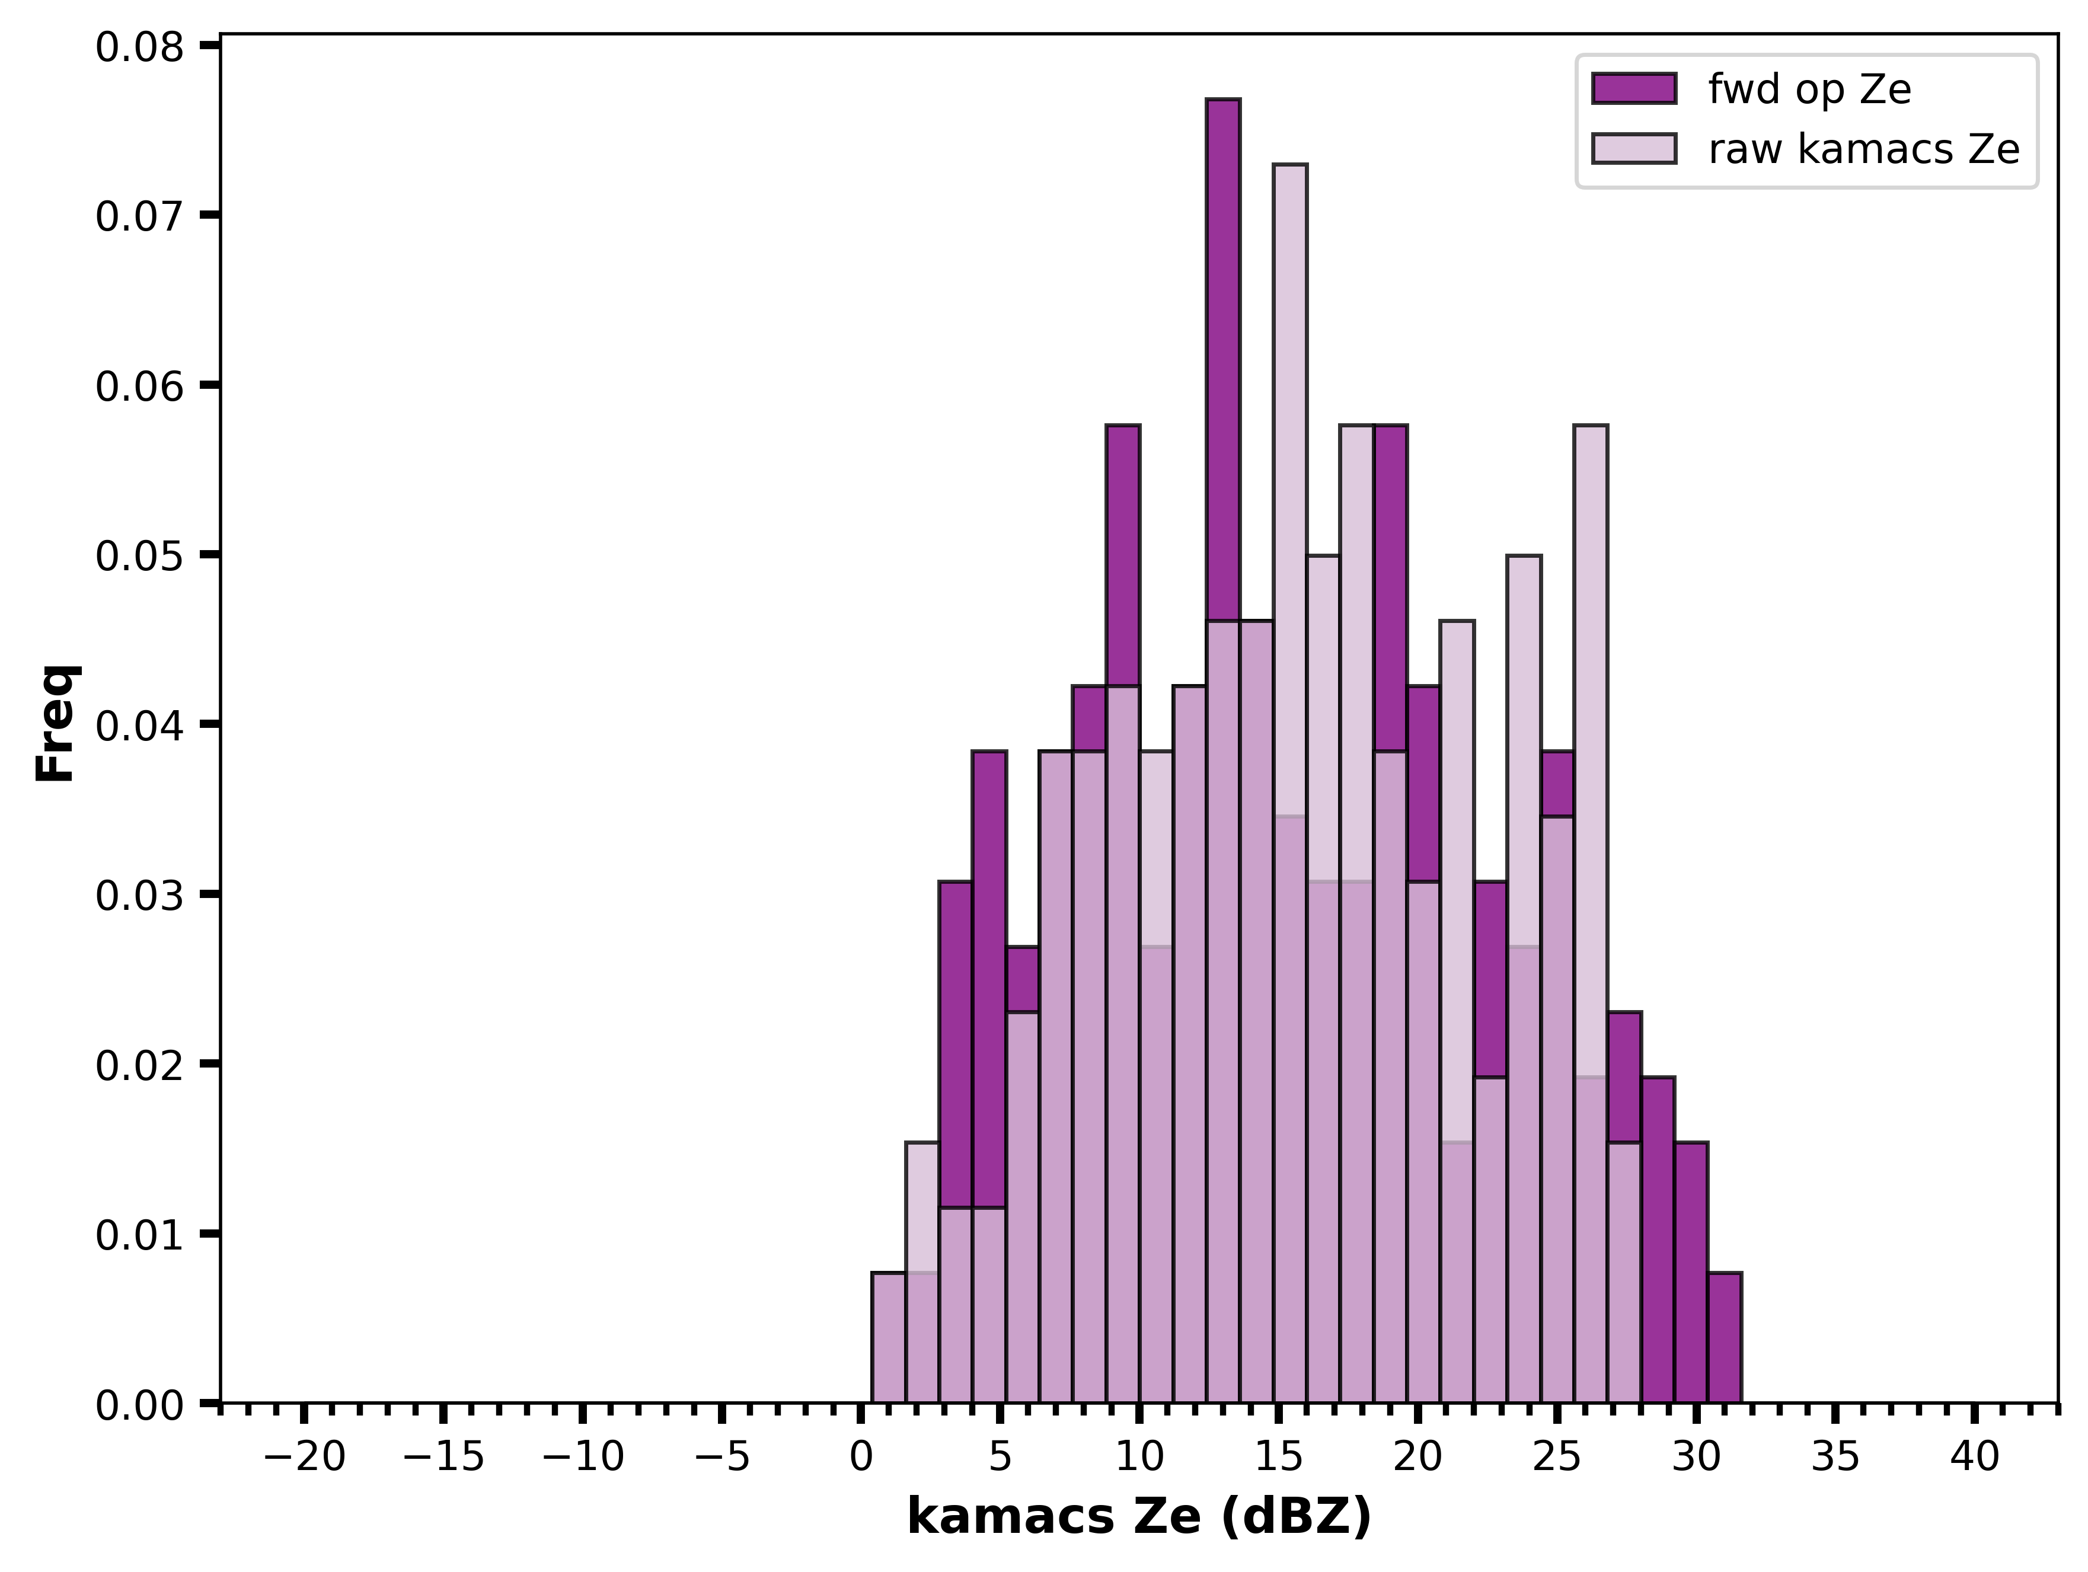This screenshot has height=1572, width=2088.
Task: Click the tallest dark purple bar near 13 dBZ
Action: coord(1224,750)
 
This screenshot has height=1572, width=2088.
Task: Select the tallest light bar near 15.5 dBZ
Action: coord(1291,783)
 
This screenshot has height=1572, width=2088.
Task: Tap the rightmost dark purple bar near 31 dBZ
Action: coord(1725,1338)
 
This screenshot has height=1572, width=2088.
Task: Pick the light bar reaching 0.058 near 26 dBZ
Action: coord(1591,914)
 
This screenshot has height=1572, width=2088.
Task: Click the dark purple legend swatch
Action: coord(1634,89)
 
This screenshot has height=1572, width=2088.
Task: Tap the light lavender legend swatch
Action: coord(1634,149)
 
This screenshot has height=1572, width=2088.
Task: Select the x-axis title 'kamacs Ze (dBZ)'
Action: coord(1139,1518)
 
